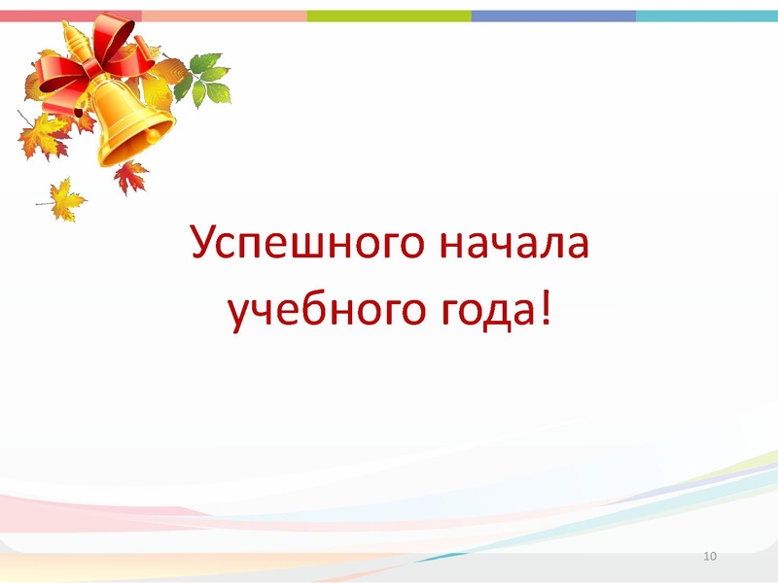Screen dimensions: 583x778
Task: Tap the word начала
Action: (x=515, y=243)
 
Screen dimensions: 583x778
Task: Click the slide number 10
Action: (x=709, y=556)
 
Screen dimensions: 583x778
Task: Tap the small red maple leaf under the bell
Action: (x=129, y=177)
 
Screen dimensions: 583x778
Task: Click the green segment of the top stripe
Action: (x=389, y=16)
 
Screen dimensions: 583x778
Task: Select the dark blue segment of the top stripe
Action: (x=553, y=16)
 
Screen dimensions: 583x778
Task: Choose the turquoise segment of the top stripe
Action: (x=707, y=16)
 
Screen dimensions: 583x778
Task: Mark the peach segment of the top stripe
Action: (x=224, y=16)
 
